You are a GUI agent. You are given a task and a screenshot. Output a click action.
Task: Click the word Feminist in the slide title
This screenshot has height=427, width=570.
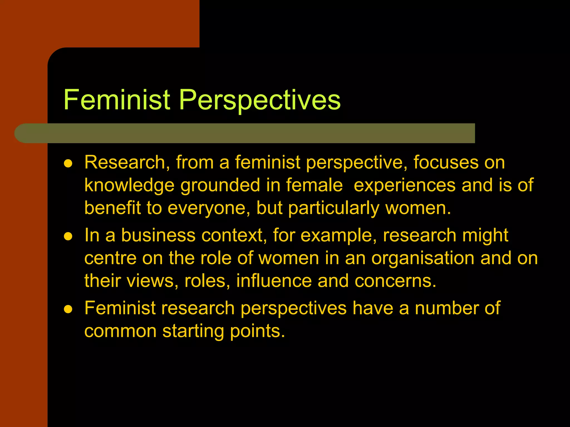tap(117, 100)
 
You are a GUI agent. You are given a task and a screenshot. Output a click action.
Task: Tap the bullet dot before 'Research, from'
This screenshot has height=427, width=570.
tap(68, 163)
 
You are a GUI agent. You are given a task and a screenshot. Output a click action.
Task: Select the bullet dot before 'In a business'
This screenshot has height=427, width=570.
tap(68, 236)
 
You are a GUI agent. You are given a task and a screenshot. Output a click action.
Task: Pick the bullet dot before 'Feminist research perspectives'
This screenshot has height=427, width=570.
tap(68, 309)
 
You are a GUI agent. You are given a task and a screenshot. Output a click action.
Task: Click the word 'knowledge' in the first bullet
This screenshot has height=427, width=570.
tap(129, 185)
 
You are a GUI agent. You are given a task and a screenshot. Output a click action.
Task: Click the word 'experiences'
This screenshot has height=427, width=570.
tap(404, 185)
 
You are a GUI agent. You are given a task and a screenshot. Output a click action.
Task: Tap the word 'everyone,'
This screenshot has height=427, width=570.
tap(209, 208)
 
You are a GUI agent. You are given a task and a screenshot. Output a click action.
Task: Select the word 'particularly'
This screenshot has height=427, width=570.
tap(333, 208)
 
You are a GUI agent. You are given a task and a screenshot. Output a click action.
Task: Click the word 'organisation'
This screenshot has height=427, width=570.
tap(422, 259)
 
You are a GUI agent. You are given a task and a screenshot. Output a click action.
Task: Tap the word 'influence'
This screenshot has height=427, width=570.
tap(274, 281)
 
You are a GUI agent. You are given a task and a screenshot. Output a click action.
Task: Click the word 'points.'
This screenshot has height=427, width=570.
tap(258, 331)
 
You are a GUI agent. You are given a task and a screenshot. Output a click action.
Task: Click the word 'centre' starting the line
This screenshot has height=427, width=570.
tap(110, 259)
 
